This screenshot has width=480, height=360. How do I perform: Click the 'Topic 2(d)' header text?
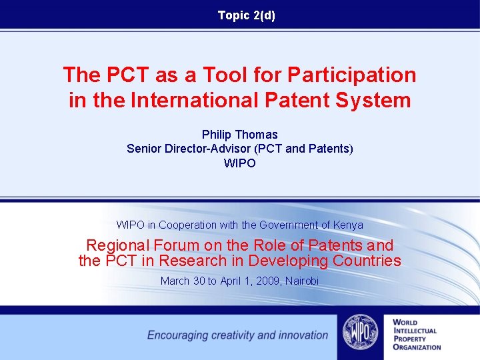[246, 15]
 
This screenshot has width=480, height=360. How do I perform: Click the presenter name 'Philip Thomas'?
[239, 135]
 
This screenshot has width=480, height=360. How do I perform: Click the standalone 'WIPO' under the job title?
[239, 163]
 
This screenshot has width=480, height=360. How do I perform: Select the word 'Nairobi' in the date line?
[302, 281]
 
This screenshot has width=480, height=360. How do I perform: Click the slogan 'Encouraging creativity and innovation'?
[237, 335]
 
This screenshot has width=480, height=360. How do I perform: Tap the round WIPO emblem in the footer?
[360, 333]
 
